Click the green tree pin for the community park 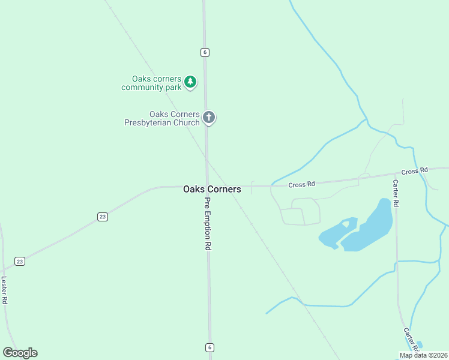click(190, 82)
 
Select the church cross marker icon click(209, 117)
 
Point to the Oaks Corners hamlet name click(212, 189)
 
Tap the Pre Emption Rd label click(208, 224)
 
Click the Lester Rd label click(4, 290)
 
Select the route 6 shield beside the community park click(205, 52)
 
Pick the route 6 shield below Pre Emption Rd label click(209, 347)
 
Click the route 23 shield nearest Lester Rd click(20, 261)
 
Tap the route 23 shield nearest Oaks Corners click(103, 217)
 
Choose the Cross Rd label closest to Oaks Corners click(301, 184)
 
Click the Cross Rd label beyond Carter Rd click(414, 171)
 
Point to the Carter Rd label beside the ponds click(396, 193)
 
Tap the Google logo click(20, 353)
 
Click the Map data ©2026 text click(424, 355)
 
